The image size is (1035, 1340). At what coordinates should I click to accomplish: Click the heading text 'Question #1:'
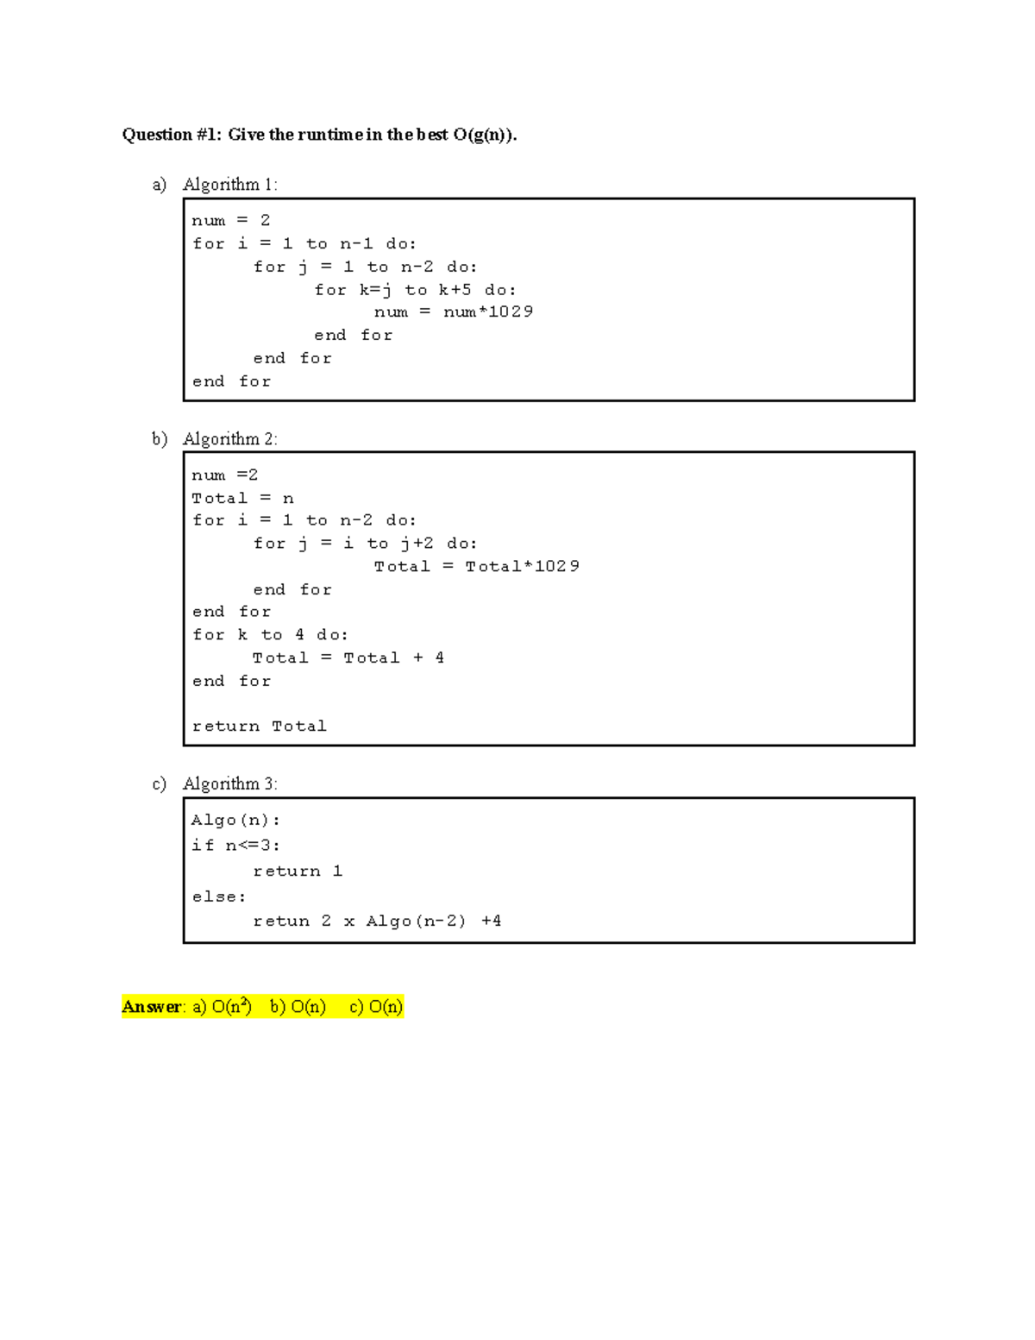(172, 135)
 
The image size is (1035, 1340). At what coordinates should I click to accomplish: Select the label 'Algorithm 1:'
(229, 185)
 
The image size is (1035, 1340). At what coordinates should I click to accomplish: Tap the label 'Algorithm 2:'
(229, 439)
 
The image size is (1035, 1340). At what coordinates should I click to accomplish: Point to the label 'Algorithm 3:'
(229, 784)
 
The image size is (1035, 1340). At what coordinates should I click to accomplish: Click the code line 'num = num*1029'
(454, 311)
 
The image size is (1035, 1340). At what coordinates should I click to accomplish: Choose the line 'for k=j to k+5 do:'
(415, 290)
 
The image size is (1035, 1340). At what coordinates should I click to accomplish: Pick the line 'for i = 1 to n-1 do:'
(304, 244)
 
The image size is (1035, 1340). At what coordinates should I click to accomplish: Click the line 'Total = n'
(242, 499)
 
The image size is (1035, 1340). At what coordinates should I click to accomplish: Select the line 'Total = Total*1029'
(477, 566)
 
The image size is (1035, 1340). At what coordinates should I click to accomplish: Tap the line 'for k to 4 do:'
(270, 635)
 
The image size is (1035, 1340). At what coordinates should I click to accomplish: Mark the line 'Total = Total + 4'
(348, 657)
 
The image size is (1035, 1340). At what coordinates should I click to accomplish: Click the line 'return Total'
(259, 727)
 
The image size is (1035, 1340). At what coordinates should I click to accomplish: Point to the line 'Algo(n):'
(235, 821)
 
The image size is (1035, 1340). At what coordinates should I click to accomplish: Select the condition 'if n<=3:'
(235, 846)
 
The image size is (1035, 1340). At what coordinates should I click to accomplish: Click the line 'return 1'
(298, 871)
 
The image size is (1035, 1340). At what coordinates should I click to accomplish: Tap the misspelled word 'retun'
(281, 922)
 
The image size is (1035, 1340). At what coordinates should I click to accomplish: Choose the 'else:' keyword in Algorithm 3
(219, 897)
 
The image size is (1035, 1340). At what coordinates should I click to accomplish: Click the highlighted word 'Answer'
(152, 1007)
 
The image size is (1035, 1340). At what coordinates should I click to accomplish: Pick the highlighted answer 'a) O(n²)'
(222, 1007)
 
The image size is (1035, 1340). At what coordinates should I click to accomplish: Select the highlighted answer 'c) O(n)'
(376, 1007)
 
